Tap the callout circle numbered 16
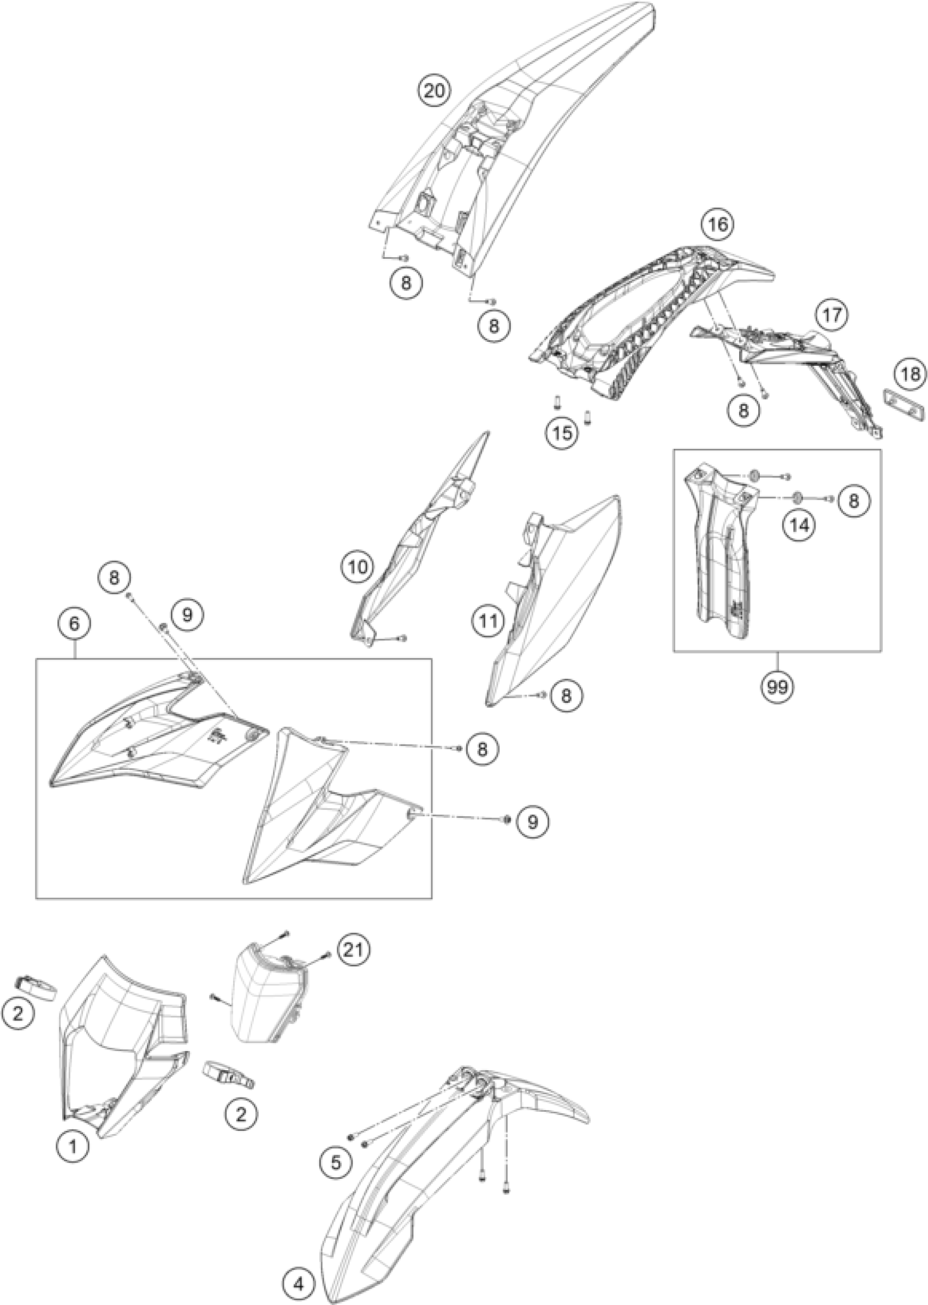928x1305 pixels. (718, 224)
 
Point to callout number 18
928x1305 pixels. (911, 375)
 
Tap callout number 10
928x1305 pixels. (357, 566)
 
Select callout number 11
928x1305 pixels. (489, 620)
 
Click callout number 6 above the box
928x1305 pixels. (75, 623)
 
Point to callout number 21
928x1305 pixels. (354, 950)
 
